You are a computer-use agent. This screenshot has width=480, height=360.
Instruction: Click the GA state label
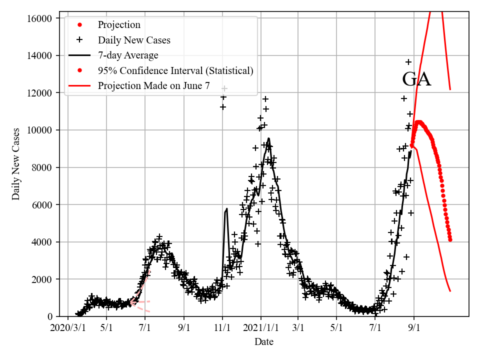tap(416, 79)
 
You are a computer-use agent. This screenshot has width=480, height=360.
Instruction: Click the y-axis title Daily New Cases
tap(16, 164)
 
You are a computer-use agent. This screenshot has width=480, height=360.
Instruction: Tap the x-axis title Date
tap(263, 342)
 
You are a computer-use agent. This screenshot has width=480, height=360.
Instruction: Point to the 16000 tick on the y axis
tap(39, 18)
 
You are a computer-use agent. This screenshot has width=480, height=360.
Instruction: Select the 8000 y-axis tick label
tap(41, 167)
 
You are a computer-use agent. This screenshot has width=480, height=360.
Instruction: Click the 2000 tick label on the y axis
tap(41, 279)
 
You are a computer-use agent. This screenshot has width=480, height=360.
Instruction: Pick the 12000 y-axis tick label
tap(39, 93)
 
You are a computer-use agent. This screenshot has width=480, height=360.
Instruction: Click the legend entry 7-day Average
tap(128, 55)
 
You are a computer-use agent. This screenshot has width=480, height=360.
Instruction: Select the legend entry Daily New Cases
tap(134, 40)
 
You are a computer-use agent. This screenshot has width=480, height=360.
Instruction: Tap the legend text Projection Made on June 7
tap(153, 85)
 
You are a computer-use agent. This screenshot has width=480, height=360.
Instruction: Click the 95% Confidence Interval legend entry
tap(175, 70)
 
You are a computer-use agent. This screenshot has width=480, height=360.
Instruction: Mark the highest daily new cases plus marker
tap(408, 62)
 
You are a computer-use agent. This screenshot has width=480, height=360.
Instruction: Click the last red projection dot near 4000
tap(450, 239)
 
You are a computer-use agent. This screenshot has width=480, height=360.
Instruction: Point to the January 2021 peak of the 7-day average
tap(269, 138)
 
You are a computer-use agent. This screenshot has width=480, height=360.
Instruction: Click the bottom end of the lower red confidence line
tap(450, 291)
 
